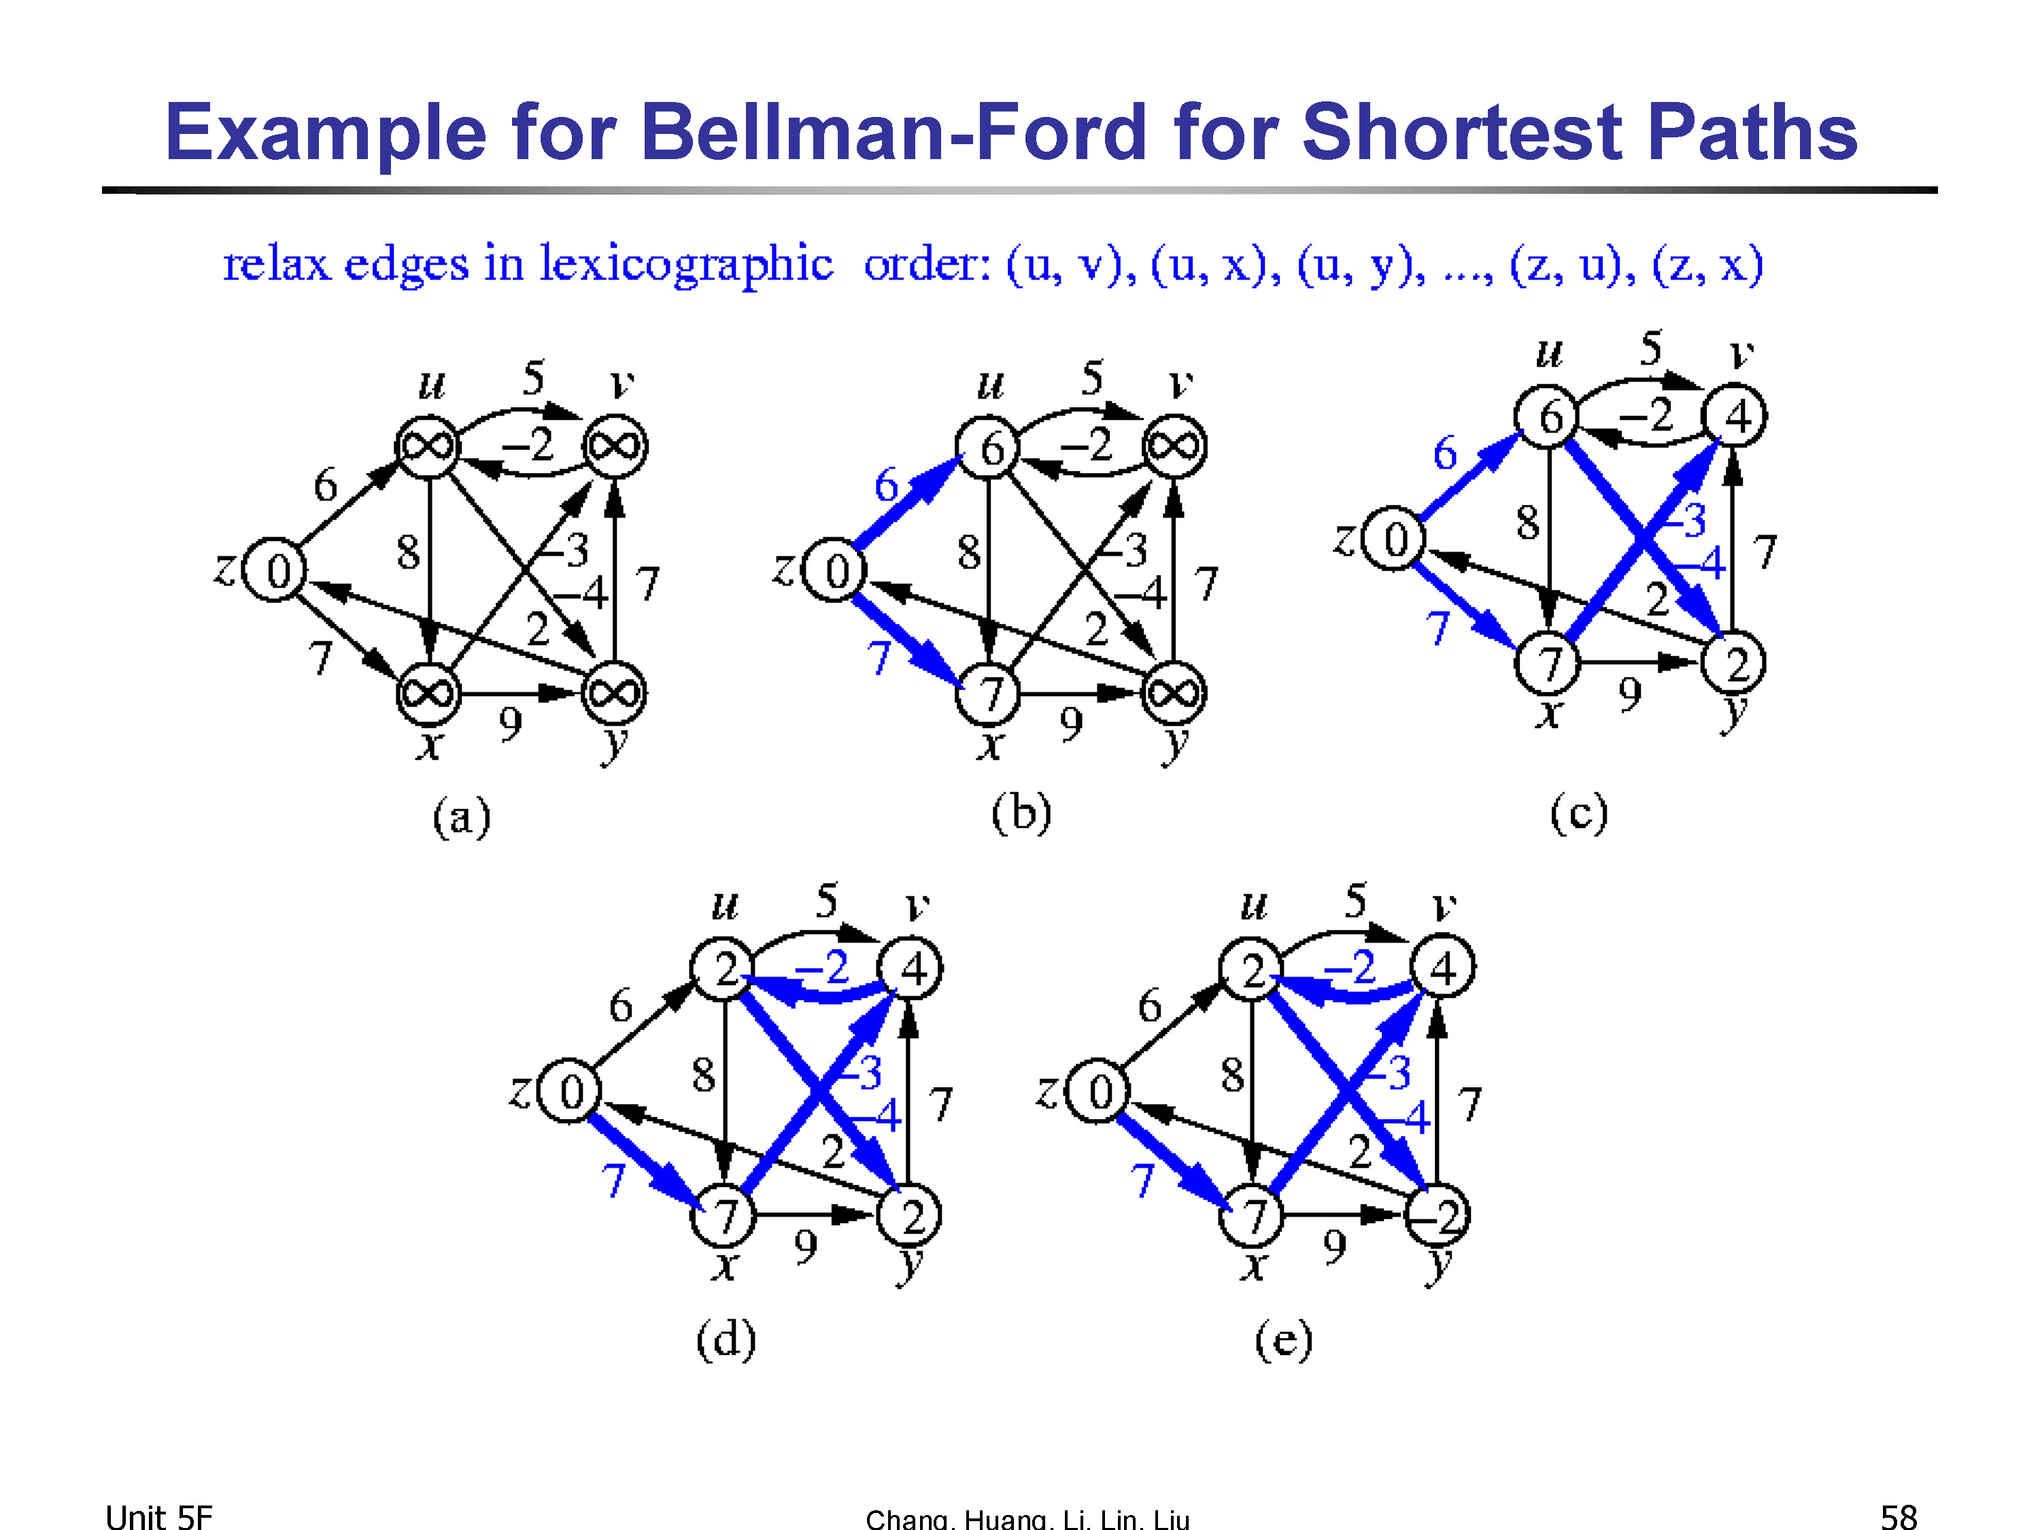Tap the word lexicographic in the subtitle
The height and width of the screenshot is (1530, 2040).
pos(686,265)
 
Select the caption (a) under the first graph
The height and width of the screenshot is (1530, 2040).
pos(461,817)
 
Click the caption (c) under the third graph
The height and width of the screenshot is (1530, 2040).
pos(1578,813)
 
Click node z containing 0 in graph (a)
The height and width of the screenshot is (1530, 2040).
pos(274,570)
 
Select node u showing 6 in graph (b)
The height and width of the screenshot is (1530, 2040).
pos(988,448)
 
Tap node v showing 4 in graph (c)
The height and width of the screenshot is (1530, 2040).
pos(1734,417)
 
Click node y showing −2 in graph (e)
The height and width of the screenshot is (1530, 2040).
pos(1437,1216)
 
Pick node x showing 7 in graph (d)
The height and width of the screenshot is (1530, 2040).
pos(724,1216)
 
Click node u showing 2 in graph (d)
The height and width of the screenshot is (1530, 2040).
pos(724,968)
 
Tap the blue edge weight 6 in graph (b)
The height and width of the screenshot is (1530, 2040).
pos(886,485)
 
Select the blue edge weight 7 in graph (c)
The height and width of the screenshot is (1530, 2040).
pos(1437,629)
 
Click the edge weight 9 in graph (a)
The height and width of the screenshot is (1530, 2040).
pos(511,725)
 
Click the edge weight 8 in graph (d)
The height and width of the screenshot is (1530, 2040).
pos(704,1074)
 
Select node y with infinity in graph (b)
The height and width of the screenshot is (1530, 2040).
pos(1173,693)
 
